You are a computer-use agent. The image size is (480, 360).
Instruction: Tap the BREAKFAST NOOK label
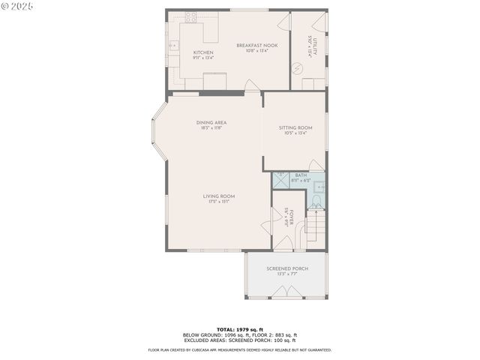click(x=257, y=46)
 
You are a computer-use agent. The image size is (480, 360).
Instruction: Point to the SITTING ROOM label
click(x=295, y=127)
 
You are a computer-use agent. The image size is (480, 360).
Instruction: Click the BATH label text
click(x=301, y=175)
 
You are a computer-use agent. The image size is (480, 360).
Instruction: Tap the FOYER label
click(x=291, y=217)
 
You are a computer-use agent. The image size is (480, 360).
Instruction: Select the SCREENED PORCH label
click(x=287, y=268)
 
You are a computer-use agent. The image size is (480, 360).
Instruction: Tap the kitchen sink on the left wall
click(x=172, y=46)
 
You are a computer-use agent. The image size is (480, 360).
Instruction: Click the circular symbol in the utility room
click(x=298, y=68)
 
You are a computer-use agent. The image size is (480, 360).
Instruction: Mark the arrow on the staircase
click(x=316, y=225)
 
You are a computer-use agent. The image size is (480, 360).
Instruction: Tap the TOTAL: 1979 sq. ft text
click(x=240, y=329)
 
